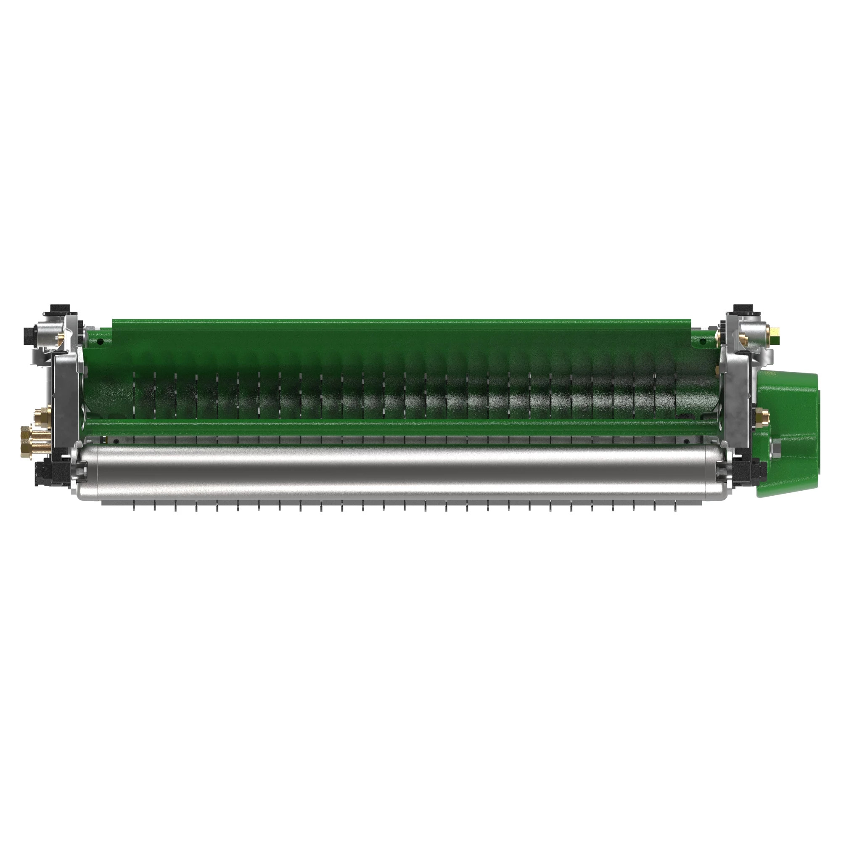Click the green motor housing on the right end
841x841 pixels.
click(789, 435)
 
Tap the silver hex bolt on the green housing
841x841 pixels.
click(775, 447)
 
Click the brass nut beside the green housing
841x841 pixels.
click(762, 418)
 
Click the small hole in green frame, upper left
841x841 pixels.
click(100, 342)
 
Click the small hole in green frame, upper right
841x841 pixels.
click(701, 343)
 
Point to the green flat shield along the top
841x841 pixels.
click(400, 331)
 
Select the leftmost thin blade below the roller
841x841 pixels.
click(135, 506)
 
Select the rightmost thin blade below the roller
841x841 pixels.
click(676, 506)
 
